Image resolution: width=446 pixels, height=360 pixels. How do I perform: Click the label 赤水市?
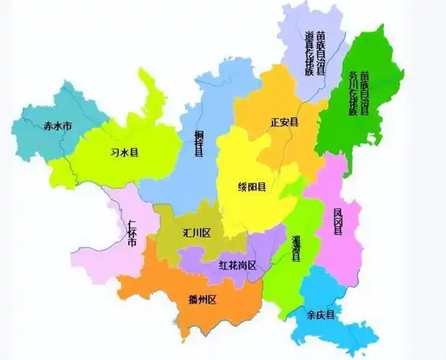58,125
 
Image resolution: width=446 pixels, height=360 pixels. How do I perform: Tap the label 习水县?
124,153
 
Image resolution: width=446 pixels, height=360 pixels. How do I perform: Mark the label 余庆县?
320,315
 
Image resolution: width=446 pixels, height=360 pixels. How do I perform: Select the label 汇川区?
196,233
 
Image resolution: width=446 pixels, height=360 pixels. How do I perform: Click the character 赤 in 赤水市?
48,125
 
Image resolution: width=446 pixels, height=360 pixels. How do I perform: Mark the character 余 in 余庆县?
310,315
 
